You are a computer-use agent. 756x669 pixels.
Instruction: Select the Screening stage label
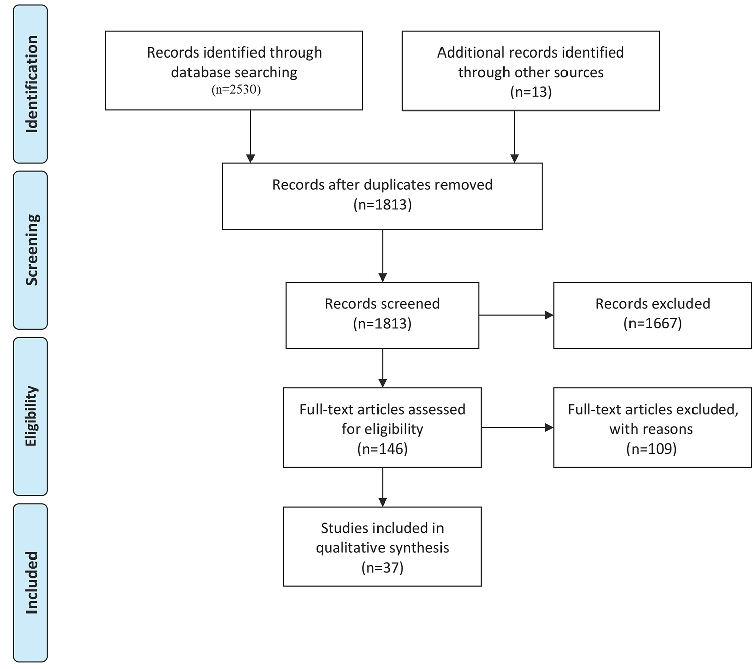[x=32, y=250]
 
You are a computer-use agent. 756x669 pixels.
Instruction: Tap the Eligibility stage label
[x=31, y=416]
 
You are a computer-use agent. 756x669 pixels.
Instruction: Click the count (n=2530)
[x=236, y=90]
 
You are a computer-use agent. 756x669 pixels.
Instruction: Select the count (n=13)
[x=531, y=92]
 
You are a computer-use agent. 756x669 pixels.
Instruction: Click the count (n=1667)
[x=653, y=323]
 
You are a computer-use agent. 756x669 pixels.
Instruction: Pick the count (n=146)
[x=383, y=449]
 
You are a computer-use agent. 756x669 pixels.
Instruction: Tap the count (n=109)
[x=652, y=449]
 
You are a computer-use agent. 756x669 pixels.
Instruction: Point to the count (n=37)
[x=383, y=568]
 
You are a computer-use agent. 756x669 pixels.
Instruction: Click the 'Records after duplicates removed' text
[x=383, y=185]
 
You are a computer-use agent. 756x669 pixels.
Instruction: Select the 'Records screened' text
[x=383, y=304]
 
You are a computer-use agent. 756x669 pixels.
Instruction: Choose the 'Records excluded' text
[x=653, y=304]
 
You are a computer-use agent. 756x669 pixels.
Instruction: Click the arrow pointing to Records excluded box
[x=517, y=315]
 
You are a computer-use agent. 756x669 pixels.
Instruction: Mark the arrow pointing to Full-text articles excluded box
[x=518, y=428]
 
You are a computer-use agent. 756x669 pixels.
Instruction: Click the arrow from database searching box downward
[x=251, y=137]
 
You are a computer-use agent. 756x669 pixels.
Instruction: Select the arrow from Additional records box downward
[x=515, y=137]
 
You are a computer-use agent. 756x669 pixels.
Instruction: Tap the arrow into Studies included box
[x=383, y=487]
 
